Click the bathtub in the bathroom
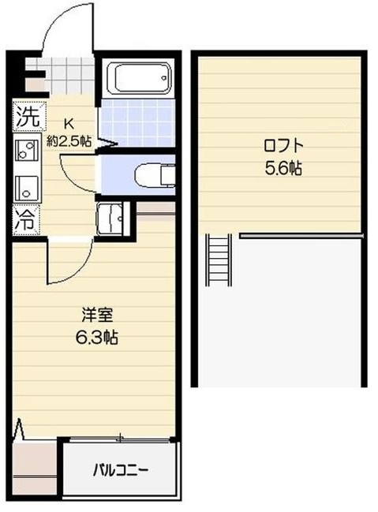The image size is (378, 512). click(138, 79)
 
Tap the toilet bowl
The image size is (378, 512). click(153, 174)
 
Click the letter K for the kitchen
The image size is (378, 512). click(69, 123)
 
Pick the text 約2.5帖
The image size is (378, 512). click(69, 141)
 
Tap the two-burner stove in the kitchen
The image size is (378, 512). click(25, 151)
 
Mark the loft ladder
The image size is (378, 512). click(218, 264)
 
